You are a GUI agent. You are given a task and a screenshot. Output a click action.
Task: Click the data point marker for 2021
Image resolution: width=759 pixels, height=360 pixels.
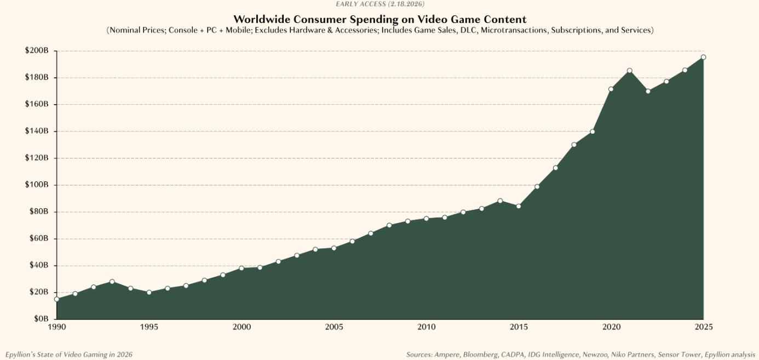click(x=629, y=71)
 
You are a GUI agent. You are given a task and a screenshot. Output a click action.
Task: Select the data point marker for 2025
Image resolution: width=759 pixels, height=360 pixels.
click(x=703, y=57)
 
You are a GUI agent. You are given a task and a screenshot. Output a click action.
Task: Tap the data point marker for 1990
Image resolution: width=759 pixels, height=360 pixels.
click(x=56, y=299)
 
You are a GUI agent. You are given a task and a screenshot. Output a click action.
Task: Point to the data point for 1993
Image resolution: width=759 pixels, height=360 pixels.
click(x=112, y=282)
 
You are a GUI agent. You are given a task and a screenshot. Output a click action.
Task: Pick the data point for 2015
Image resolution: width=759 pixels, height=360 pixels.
click(x=519, y=207)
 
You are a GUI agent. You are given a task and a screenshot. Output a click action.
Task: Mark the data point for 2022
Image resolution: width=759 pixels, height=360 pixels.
click(x=648, y=91)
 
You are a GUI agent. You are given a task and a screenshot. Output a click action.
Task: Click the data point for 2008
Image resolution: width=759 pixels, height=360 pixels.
click(x=389, y=225)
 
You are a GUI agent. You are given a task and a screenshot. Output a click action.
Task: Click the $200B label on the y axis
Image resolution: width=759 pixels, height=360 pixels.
click(x=37, y=50)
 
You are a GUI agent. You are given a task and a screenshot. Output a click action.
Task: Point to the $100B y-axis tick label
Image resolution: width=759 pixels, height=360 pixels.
click(x=37, y=185)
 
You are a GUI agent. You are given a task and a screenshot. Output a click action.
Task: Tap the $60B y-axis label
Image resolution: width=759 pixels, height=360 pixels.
click(x=38, y=238)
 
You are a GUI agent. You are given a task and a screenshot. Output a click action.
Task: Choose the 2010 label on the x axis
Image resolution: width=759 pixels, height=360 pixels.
click(x=427, y=327)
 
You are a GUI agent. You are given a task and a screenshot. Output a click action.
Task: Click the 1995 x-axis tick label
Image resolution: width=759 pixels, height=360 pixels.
click(x=149, y=327)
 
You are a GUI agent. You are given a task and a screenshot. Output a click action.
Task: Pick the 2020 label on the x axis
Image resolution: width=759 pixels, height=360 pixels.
click(x=611, y=327)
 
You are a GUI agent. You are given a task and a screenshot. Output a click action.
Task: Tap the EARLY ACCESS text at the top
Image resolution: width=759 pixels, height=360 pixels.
click(x=361, y=4)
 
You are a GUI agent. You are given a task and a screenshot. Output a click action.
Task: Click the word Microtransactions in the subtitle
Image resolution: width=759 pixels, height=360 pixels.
click(x=514, y=30)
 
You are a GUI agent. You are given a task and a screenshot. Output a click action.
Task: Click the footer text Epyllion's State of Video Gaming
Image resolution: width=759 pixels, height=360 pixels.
click(x=60, y=355)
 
